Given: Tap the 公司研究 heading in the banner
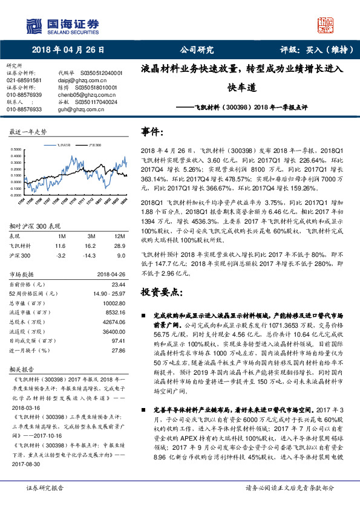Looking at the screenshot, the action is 197,51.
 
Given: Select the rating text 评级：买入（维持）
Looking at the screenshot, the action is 312,51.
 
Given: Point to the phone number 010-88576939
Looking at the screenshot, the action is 24,95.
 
